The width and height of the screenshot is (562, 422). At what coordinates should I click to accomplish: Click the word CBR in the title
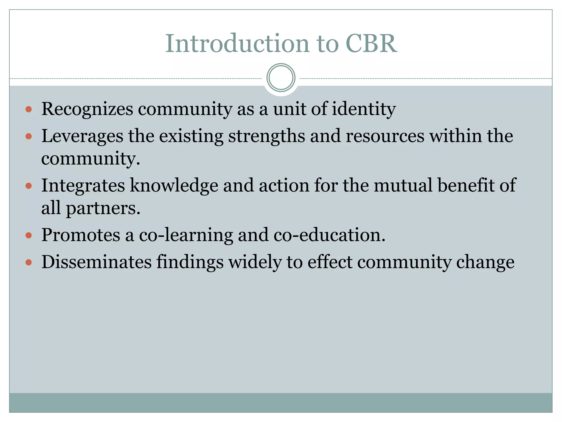click(371, 43)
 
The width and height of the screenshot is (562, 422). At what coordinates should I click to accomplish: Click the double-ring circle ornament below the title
click(281, 78)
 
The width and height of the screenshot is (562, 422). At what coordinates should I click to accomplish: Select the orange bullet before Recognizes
click(29, 110)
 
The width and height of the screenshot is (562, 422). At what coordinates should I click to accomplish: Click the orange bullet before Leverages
click(29, 137)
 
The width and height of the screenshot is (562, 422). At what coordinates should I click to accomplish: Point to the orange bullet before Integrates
click(29, 186)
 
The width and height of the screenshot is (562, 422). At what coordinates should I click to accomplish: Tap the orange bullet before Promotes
click(29, 235)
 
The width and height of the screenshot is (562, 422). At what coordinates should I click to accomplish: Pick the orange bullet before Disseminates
click(29, 262)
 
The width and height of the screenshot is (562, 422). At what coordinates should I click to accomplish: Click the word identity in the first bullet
click(364, 109)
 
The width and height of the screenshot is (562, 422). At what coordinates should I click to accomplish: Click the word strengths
click(266, 136)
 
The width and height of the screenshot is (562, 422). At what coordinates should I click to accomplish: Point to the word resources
click(385, 136)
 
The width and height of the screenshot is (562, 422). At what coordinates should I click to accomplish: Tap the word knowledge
click(174, 185)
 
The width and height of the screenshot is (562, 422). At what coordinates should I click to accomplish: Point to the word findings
click(190, 262)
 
